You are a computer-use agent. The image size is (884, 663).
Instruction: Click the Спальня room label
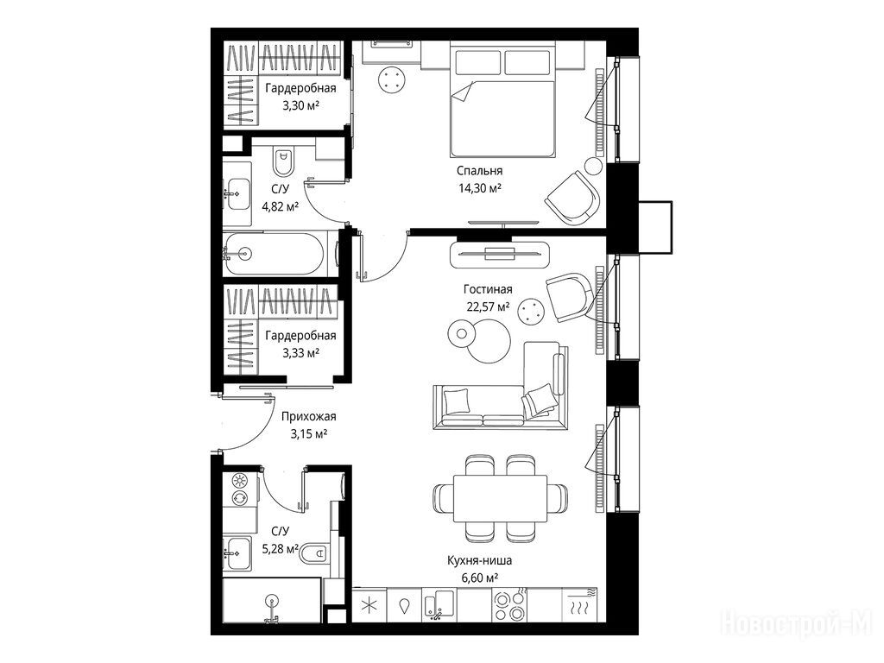click(479, 170)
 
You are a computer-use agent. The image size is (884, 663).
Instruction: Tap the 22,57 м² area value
click(488, 306)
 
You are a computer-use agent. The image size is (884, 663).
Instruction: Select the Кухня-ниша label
click(480, 560)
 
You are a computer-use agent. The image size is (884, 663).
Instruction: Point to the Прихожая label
click(308, 417)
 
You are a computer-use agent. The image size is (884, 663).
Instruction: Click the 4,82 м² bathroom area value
click(281, 206)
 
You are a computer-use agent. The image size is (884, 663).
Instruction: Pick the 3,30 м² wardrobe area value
click(301, 105)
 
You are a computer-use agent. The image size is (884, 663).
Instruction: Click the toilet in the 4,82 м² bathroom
click(283, 161)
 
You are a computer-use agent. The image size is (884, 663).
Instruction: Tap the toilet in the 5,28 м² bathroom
click(314, 553)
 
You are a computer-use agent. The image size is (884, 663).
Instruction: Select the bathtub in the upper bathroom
click(274, 254)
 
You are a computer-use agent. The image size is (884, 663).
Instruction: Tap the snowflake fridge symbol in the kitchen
click(369, 606)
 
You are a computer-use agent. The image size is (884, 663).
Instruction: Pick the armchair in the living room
click(570, 297)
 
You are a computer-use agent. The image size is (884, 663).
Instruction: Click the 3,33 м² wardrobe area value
click(301, 353)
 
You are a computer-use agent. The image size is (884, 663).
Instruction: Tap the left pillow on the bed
click(478, 62)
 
